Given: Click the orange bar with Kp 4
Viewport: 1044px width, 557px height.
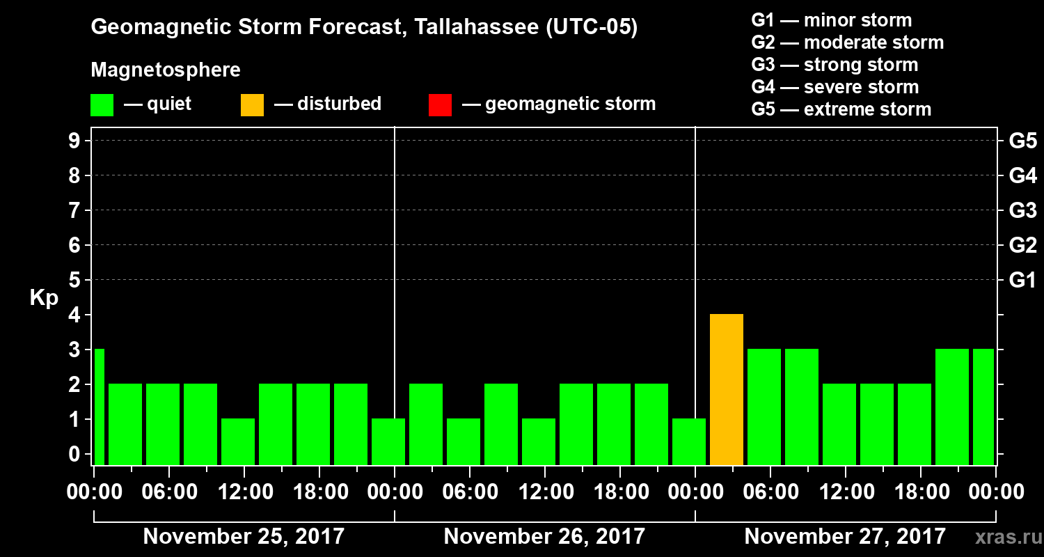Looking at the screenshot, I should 727,389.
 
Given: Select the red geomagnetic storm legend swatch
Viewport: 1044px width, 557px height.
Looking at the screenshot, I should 440,104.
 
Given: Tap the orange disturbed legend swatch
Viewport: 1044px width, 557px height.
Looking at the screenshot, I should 252,104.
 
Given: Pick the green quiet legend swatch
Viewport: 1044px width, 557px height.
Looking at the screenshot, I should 102,104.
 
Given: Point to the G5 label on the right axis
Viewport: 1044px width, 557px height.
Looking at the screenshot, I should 1022,141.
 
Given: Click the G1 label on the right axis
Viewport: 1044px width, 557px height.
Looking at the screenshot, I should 1022,281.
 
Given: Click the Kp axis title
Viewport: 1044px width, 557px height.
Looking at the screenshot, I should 44,298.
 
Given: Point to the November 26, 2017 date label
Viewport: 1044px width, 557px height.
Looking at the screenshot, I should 544,537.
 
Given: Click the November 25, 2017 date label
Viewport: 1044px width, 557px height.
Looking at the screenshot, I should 244,537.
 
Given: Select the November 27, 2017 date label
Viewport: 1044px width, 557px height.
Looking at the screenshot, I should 845,537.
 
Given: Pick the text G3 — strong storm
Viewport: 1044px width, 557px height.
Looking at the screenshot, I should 835,65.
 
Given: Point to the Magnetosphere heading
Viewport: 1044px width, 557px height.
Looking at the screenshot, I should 166,70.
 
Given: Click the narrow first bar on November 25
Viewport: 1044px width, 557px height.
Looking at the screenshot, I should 99,407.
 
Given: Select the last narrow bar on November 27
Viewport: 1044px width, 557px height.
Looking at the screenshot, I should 983,407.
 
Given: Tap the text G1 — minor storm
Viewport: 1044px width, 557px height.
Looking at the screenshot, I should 831,20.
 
